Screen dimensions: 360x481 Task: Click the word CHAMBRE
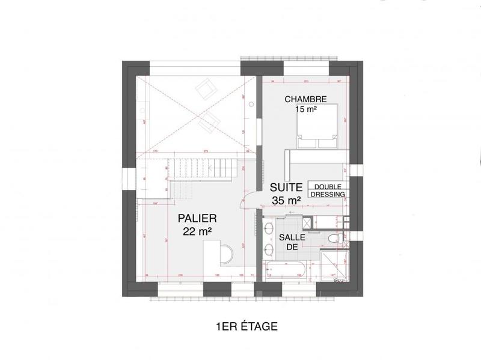pos(305,99)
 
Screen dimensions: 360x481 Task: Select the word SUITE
pos(286,188)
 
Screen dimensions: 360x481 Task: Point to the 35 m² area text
pos(286,200)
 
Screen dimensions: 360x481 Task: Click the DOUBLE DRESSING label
pos(328,190)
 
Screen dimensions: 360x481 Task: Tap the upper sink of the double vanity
pos(269,228)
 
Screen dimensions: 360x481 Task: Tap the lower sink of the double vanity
pos(269,250)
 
